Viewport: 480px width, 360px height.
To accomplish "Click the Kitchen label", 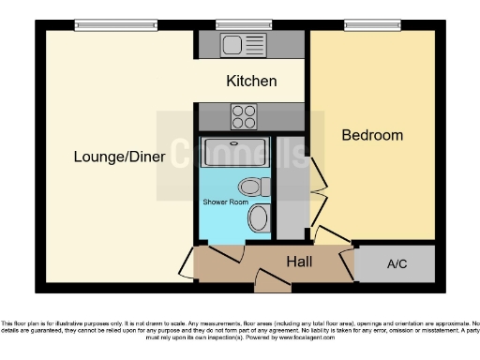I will pos(251,82).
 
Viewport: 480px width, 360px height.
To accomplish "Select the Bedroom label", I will pos(371,135).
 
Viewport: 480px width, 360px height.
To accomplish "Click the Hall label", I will pos(300,262).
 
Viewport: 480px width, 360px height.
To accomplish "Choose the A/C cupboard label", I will pos(397,264).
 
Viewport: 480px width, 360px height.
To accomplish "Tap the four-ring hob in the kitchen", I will pos(244,116).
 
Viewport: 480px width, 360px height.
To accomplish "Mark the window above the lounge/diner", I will pos(101,24).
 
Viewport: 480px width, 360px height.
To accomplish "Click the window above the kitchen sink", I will pos(231,24).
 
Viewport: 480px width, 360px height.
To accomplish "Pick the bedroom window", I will pos(370,24).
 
